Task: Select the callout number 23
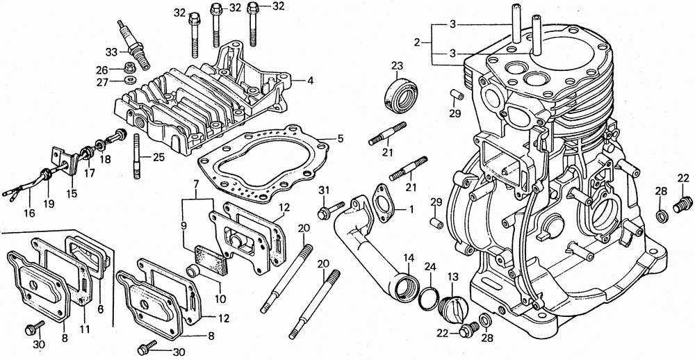(397, 66)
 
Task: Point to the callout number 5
(340, 139)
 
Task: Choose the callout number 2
(417, 43)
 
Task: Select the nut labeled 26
(129, 68)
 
